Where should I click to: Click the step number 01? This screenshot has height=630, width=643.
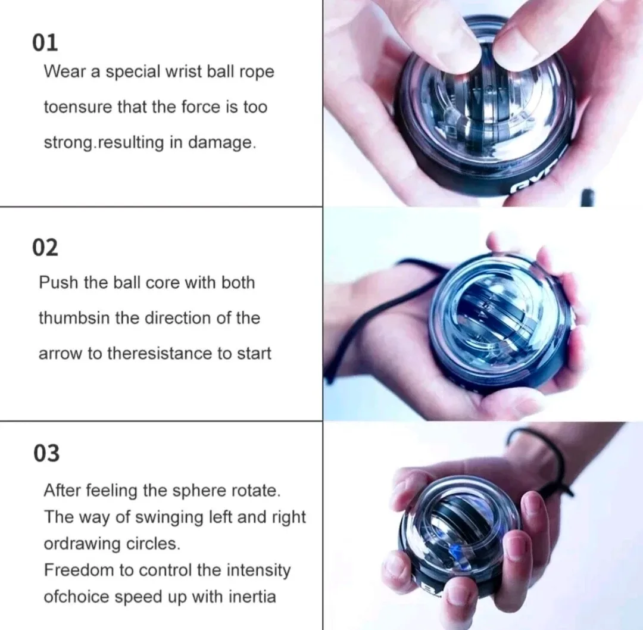pos(45,42)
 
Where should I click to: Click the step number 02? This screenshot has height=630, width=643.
pos(45,247)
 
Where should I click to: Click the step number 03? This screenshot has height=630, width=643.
pos(46,454)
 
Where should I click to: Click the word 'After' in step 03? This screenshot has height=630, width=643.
pos(63,491)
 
